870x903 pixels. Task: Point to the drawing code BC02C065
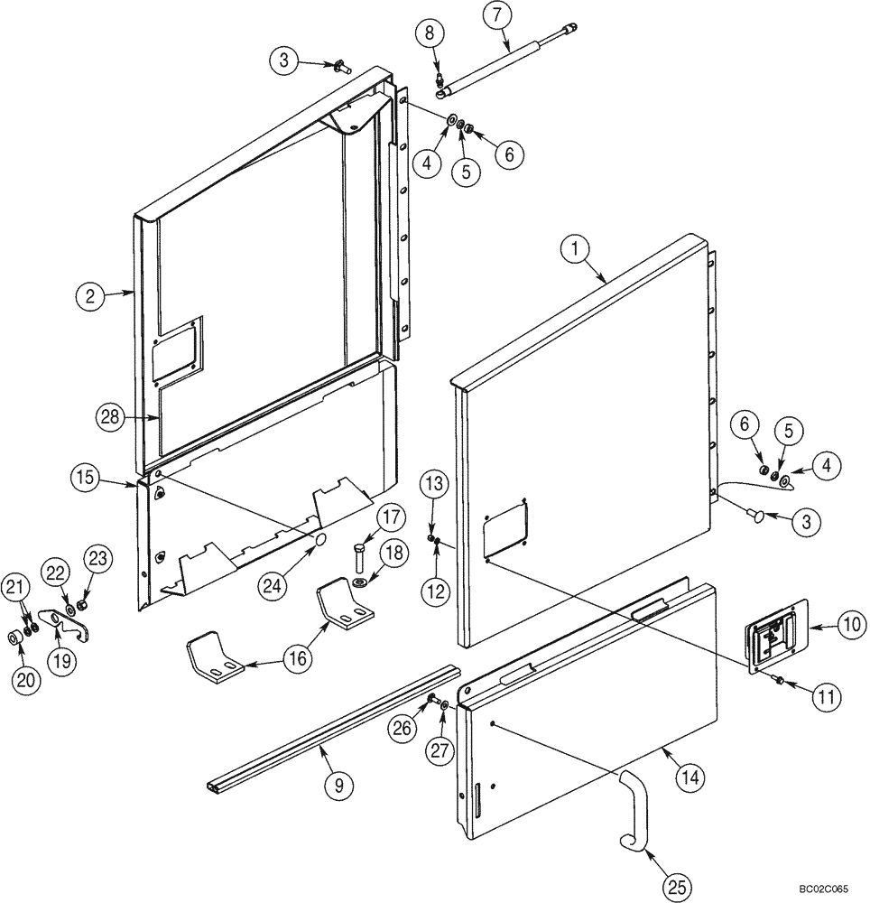point(822,890)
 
